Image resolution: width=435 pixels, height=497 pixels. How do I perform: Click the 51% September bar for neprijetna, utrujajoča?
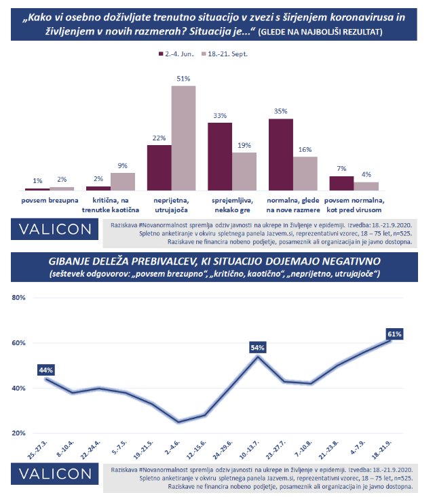tap(183, 138)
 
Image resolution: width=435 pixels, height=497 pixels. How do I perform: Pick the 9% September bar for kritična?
tap(123, 182)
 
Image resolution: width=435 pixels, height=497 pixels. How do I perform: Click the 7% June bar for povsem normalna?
tap(341, 183)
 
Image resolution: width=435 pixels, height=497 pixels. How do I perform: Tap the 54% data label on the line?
tap(257, 347)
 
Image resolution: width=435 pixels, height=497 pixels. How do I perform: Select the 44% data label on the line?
tap(46, 370)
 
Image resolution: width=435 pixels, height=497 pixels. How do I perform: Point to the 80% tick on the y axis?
tap(19, 298)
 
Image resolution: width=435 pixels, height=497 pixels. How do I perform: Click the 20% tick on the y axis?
tap(19, 433)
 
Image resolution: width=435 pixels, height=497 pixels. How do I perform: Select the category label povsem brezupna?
tap(49, 201)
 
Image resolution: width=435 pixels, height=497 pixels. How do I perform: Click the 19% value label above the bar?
tap(244, 145)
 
